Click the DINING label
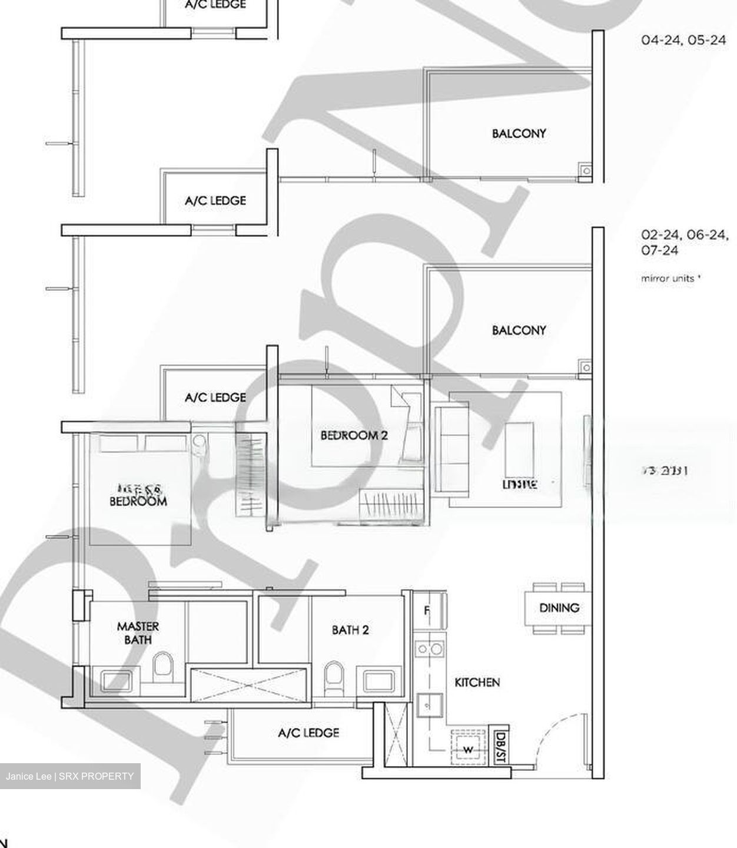[559, 608]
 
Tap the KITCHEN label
[477, 682]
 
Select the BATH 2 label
[350, 630]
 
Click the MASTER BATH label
[138, 633]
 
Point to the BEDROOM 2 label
[354, 435]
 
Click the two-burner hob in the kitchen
[429, 650]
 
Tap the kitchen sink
[429, 704]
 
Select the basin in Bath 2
[381, 681]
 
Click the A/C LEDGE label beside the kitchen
[308, 733]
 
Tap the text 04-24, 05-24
[683, 41]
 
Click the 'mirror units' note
[670, 279]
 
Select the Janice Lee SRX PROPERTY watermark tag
[70, 776]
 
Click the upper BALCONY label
[519, 134]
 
